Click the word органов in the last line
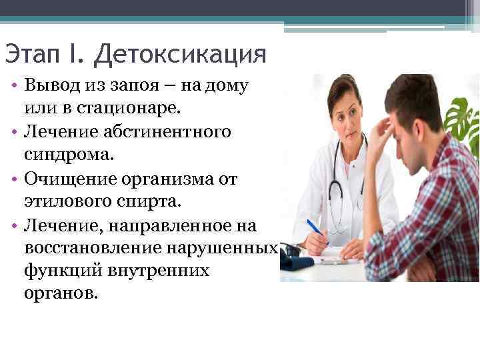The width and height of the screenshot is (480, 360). click(60, 294)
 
